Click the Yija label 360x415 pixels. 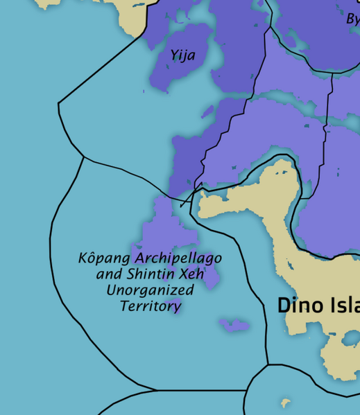(x=183, y=55)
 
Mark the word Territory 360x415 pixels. (x=151, y=306)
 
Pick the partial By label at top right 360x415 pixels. (x=352, y=19)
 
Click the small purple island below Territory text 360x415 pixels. (x=234, y=324)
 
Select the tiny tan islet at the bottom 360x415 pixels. (x=284, y=402)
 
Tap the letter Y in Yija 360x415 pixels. (x=174, y=55)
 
